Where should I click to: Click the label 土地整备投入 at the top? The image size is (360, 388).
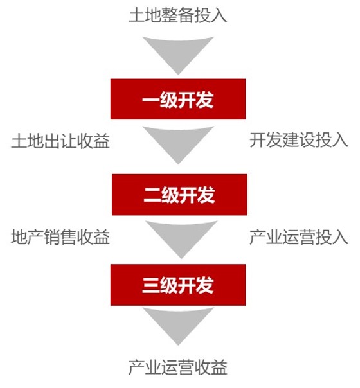(x=178, y=15)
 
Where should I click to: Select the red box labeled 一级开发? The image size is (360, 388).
(x=178, y=99)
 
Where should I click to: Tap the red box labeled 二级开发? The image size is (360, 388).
(x=179, y=195)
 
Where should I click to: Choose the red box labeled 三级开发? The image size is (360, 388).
(x=178, y=285)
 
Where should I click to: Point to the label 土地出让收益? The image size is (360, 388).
(x=60, y=141)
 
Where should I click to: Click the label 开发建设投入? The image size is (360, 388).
(x=299, y=140)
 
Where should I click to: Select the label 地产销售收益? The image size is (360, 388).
(x=60, y=237)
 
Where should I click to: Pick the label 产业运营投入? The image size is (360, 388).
(x=299, y=237)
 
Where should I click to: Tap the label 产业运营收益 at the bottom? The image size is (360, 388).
(x=178, y=367)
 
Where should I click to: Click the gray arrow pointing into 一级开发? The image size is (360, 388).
(x=178, y=53)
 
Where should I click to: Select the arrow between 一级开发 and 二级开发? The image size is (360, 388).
(x=178, y=143)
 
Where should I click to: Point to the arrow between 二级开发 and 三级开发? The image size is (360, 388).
(x=181, y=238)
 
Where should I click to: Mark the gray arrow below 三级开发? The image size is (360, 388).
(x=178, y=324)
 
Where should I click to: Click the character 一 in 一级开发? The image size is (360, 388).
(x=151, y=100)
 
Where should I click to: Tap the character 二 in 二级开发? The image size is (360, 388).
(x=152, y=195)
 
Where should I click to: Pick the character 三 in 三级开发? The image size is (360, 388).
(x=151, y=285)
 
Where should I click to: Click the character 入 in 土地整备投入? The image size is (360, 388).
(x=219, y=15)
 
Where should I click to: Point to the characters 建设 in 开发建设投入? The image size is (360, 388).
(x=299, y=140)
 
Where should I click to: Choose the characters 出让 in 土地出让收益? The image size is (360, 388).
(x=60, y=141)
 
